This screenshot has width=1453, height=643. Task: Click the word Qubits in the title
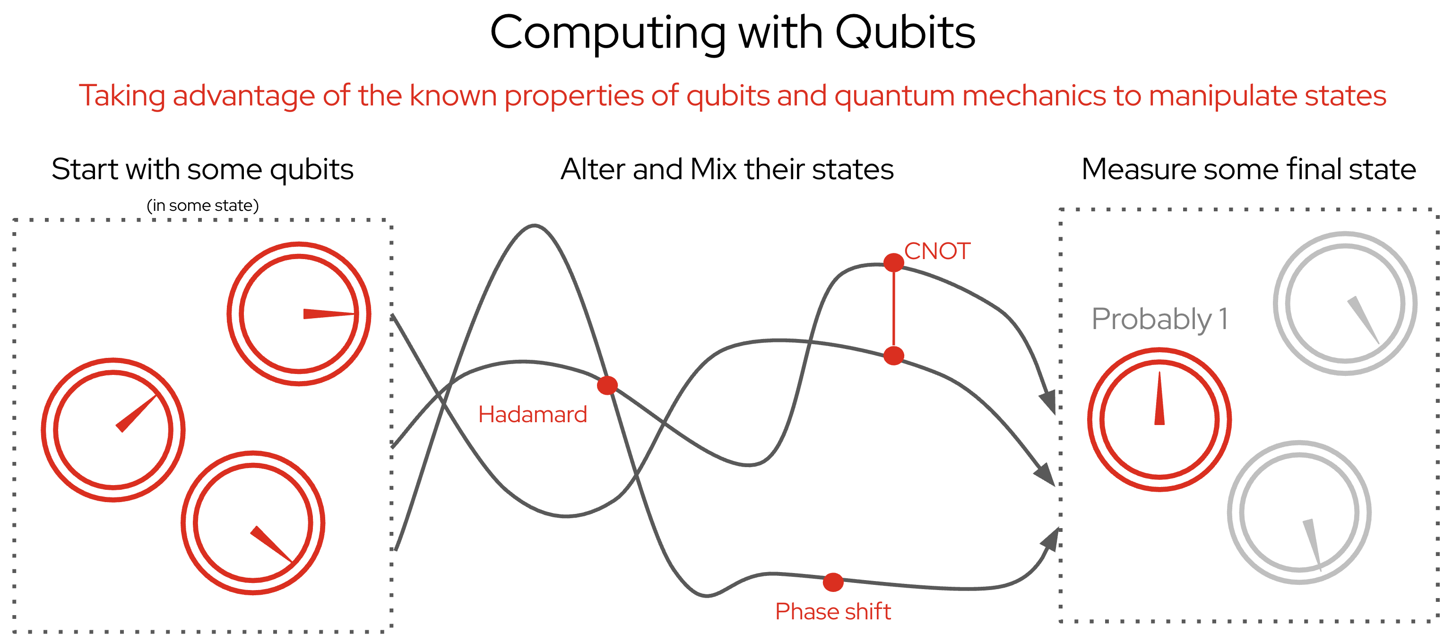(905, 33)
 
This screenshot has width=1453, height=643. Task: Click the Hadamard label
(532, 415)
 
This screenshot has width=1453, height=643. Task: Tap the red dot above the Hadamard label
(607, 385)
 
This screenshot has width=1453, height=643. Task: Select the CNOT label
(937, 251)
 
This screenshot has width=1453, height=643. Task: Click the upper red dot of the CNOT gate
(893, 262)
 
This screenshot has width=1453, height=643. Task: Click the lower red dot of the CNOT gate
(893, 356)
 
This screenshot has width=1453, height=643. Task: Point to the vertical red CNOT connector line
(893, 309)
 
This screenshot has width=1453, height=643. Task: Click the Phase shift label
(833, 611)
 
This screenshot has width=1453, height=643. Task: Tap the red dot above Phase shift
(833, 582)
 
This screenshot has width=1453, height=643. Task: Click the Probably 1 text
(1159, 319)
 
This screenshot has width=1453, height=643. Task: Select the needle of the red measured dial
(1159, 398)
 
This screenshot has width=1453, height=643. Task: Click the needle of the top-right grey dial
(1363, 321)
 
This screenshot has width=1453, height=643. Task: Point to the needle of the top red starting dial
(329, 313)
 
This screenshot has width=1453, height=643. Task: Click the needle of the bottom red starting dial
(271, 544)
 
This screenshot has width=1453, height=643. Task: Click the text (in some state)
(202, 205)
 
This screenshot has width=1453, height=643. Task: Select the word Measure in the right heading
(1138, 169)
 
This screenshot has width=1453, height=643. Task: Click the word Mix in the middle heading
(714, 169)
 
